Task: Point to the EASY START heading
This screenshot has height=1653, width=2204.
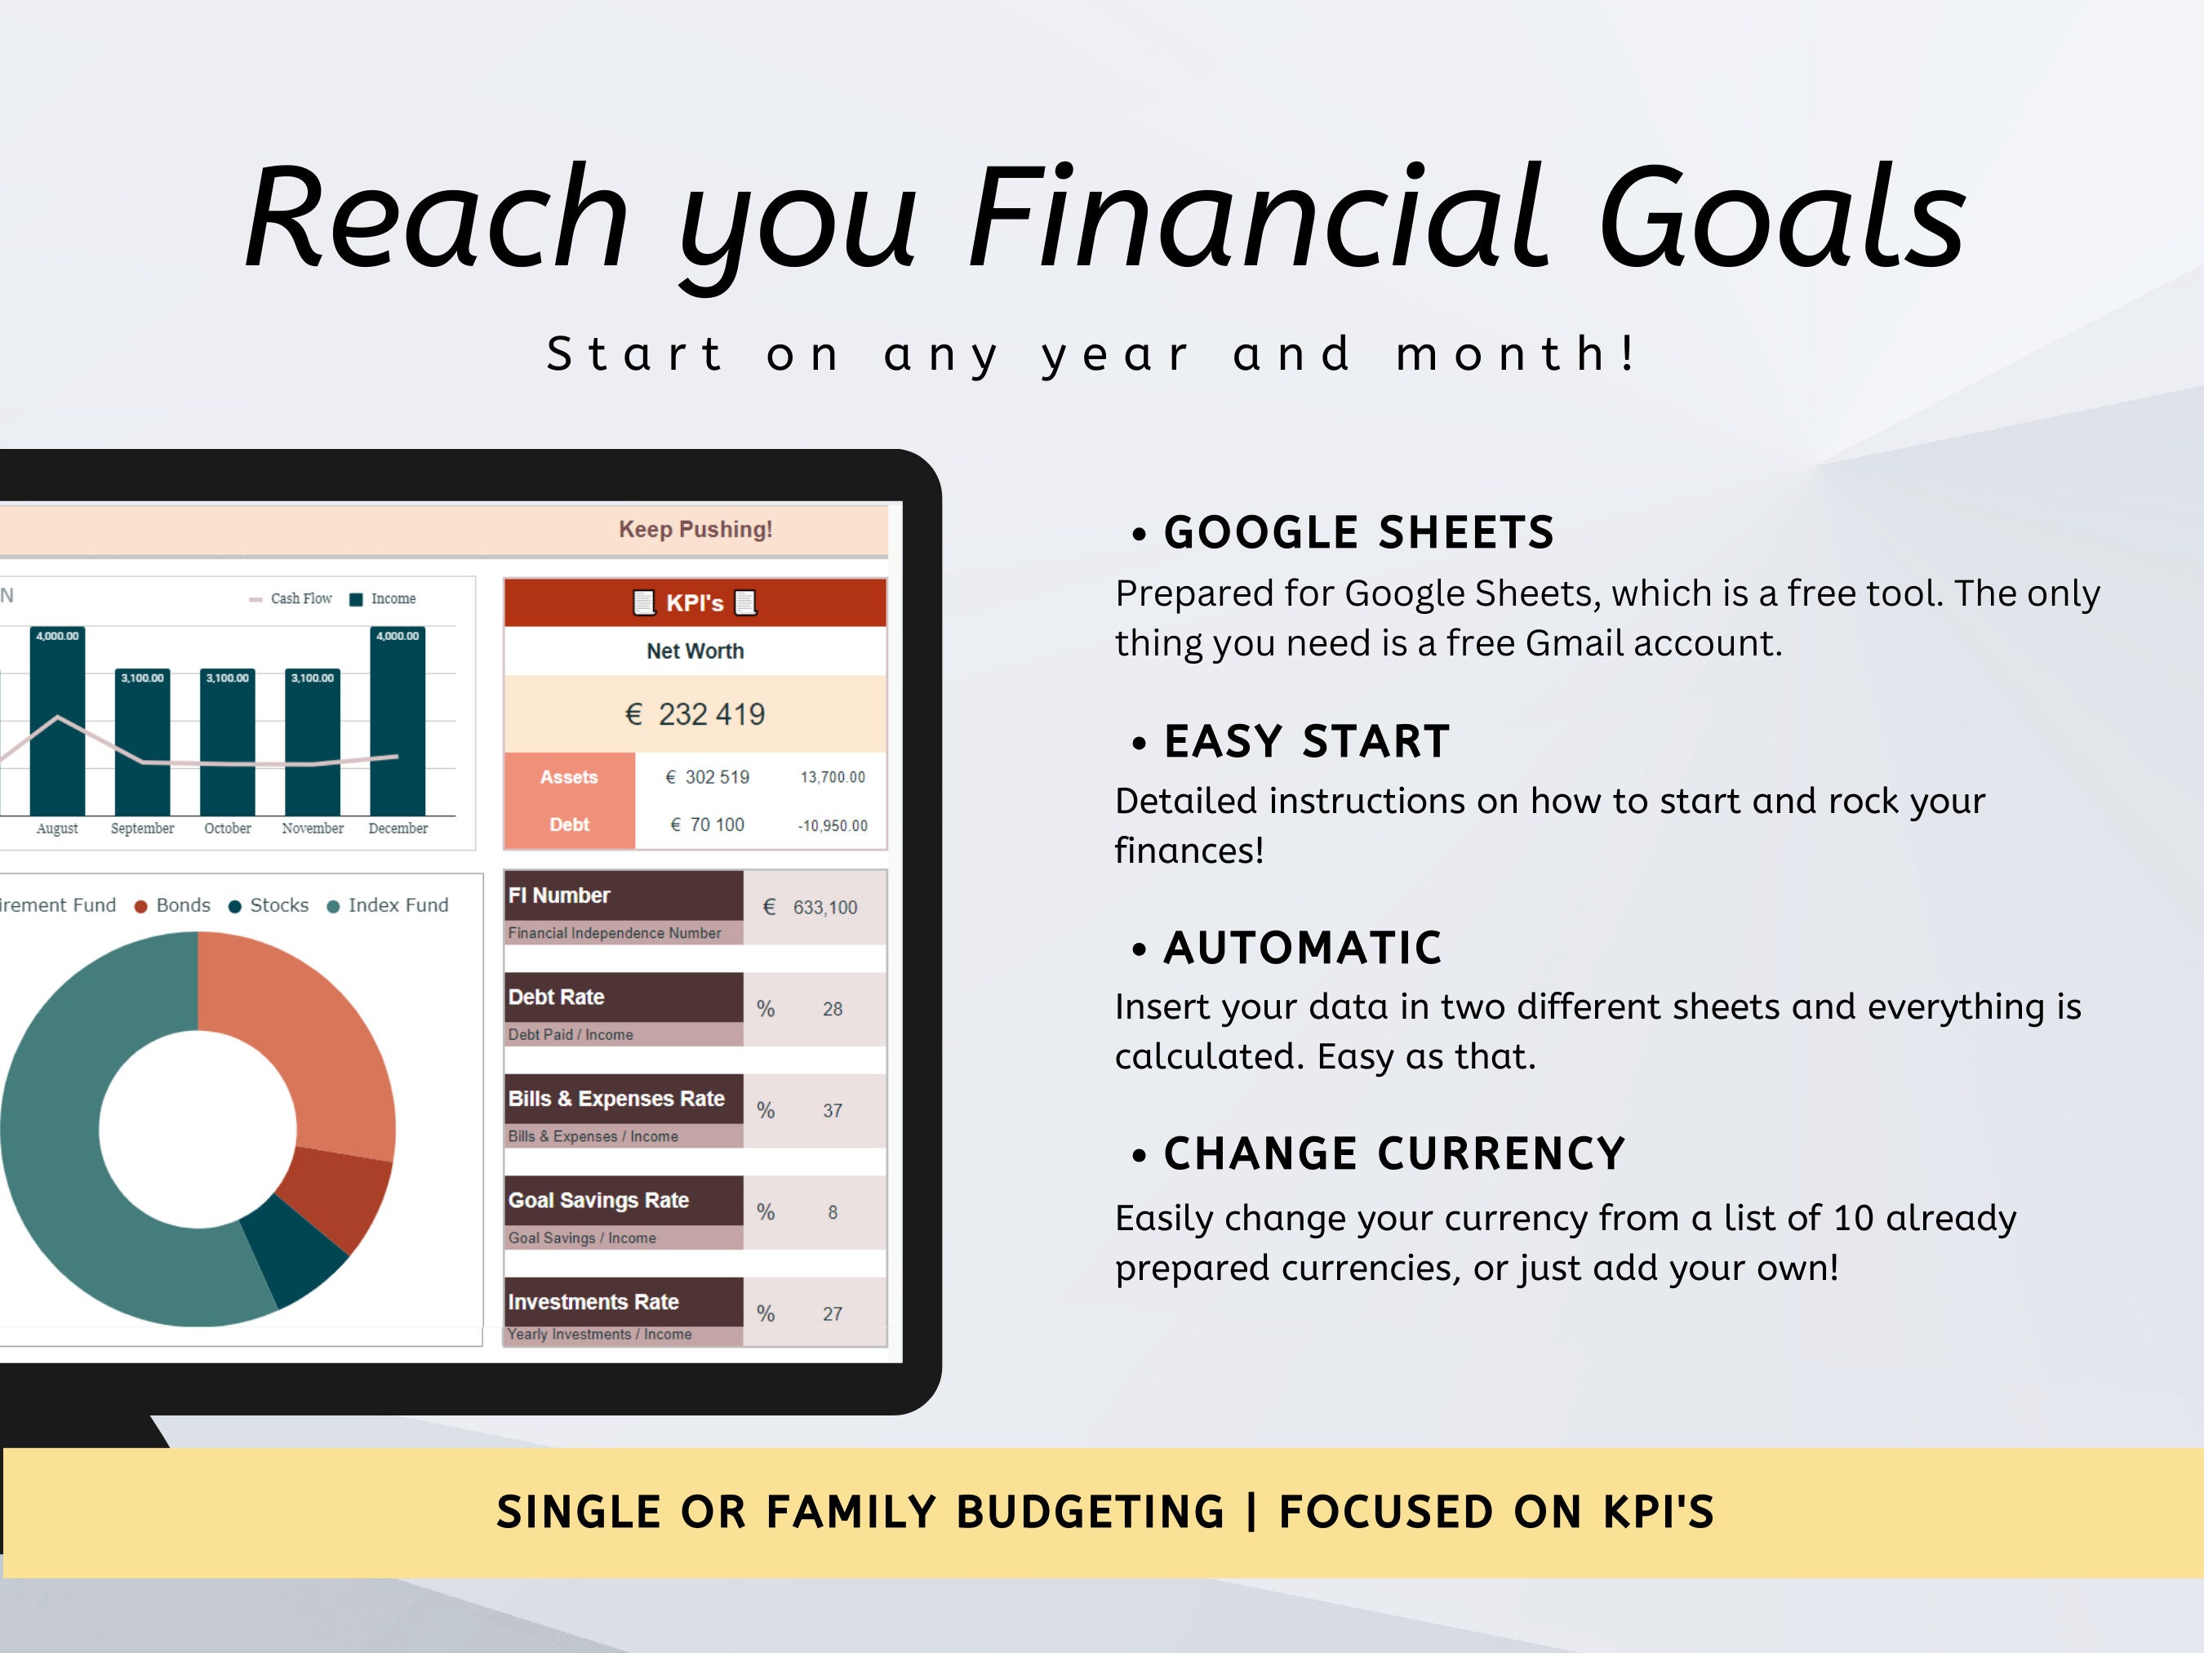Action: point(1305,741)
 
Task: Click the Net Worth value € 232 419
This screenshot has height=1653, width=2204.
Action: point(695,714)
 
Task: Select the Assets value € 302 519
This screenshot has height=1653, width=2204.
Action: point(708,777)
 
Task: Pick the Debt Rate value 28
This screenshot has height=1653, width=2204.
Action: point(832,1009)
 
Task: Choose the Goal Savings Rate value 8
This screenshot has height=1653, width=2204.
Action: point(832,1212)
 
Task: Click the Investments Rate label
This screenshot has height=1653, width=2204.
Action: point(593,1301)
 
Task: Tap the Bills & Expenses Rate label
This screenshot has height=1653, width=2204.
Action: point(615,1098)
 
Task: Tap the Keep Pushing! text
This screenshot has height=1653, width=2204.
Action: point(695,529)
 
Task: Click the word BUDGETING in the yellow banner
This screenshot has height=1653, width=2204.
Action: point(1089,1512)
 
